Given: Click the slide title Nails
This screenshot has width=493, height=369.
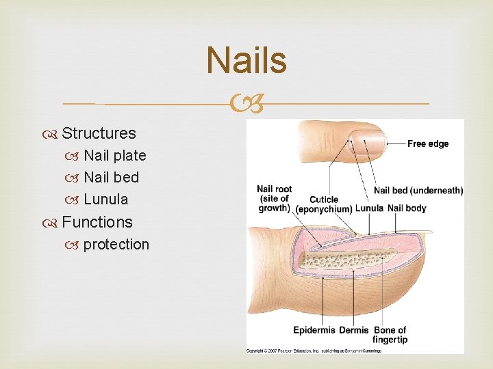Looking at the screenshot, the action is tap(246, 60).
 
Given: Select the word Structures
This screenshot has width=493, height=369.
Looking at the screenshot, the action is tap(99, 133).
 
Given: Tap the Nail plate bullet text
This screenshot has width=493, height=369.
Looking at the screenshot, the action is tap(114, 155).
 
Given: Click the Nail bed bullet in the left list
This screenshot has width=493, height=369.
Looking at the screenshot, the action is tap(111, 178).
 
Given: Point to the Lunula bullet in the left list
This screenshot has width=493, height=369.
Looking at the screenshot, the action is tap(105, 200).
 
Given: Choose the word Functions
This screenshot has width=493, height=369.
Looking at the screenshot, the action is tap(97, 222).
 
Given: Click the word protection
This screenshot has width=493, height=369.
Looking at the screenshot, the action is tap(116, 245).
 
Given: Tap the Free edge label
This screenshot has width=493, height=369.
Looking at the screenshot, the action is tap(428, 143).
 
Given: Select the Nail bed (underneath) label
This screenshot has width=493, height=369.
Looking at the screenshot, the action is tap(418, 191).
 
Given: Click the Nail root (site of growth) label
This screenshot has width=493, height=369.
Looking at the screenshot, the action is tap(274, 198).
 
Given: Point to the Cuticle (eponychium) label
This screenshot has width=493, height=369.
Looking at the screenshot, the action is tap(324, 204).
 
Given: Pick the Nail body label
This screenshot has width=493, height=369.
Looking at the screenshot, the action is tap(407, 208).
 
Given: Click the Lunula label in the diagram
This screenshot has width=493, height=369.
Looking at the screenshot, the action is tap(370, 208).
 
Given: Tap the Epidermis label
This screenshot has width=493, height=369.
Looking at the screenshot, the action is tap(314, 331).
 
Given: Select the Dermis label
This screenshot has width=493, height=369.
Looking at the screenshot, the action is tap(354, 331).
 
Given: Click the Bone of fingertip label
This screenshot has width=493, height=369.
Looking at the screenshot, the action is tap(390, 335).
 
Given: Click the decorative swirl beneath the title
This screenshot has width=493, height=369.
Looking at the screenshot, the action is tap(246, 105).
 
